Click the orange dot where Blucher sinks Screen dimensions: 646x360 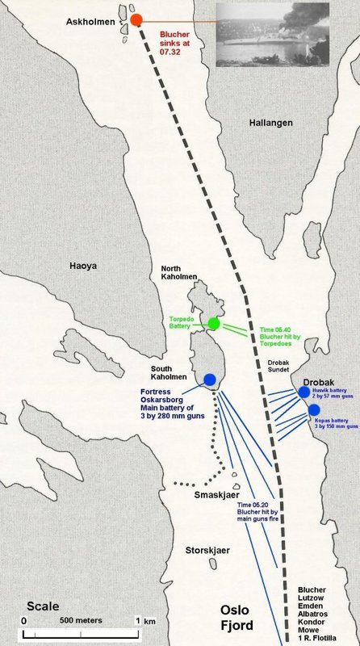click(136, 19)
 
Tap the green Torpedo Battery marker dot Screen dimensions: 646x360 click(214, 324)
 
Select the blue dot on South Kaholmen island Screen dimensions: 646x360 click(211, 380)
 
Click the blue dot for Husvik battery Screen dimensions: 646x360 click(303, 392)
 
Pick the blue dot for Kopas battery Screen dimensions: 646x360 click(314, 410)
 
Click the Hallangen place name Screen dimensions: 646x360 click(270, 123)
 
